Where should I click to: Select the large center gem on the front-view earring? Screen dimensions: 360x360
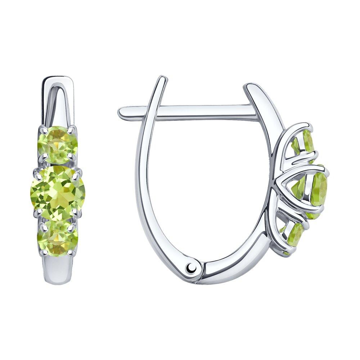(58, 192)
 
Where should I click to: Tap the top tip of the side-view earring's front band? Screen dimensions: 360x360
(248, 86)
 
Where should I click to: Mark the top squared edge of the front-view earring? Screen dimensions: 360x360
(58, 77)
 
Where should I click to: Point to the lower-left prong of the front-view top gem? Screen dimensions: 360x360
(44, 156)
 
